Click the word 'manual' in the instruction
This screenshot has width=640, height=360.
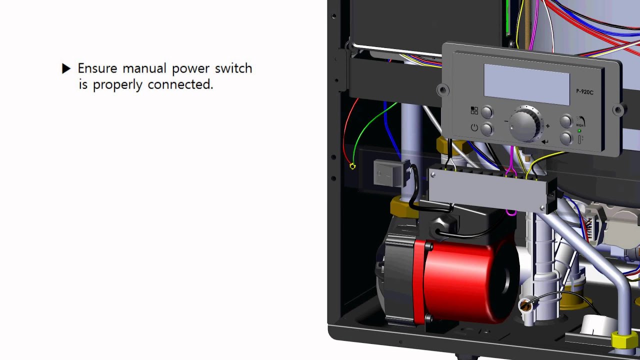coord(144,68)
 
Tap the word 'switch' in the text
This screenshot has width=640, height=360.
coord(233,68)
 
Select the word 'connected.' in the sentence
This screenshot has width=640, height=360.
coord(180,84)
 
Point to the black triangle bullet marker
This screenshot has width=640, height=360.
coord(66,68)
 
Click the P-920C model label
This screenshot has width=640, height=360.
coord(584,92)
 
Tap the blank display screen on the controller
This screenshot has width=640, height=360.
coord(526,84)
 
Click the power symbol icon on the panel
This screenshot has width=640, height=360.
coord(474,127)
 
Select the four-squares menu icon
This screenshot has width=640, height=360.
coord(474,110)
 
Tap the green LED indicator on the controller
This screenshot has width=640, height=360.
coord(579,131)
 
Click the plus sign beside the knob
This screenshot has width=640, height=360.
coord(547,126)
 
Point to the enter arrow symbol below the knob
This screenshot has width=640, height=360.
coord(545,141)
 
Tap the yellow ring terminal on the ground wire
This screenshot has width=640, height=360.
coord(353,166)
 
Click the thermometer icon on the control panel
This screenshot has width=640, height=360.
coord(579,139)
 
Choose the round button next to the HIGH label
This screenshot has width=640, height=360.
coord(566,121)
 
